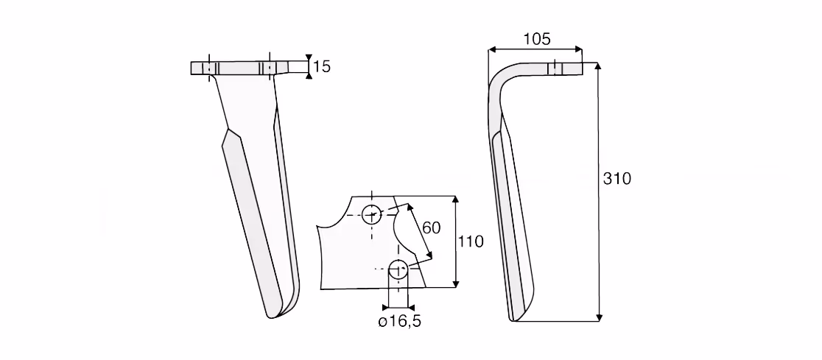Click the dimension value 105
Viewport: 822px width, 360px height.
pyautogui.click(x=536, y=39)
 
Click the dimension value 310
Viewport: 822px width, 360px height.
pyautogui.click(x=617, y=179)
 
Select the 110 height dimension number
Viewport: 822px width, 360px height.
pyautogui.click(x=470, y=241)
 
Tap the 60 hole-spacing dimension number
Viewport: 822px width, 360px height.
pyautogui.click(x=431, y=228)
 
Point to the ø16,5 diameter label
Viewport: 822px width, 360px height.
pyautogui.click(x=399, y=322)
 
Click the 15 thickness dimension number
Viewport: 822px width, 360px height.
pyautogui.click(x=323, y=66)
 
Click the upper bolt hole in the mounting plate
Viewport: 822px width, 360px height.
pyautogui.click(x=372, y=213)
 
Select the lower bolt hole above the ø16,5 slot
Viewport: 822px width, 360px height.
pyautogui.click(x=398, y=269)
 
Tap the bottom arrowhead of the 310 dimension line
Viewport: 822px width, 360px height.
pyautogui.click(x=599, y=317)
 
